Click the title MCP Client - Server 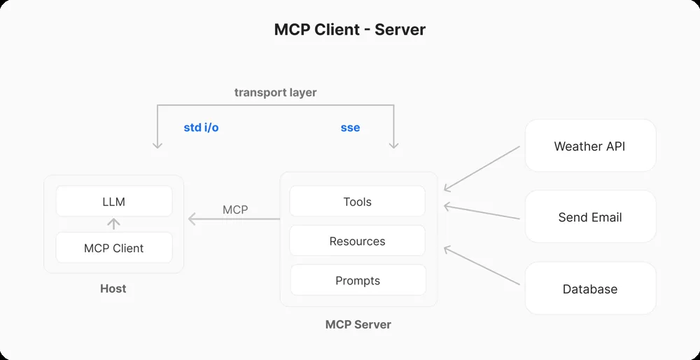point(349,29)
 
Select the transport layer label point(275,92)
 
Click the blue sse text point(350,127)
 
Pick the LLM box point(113,201)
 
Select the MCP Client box point(113,248)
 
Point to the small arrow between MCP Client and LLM point(113,224)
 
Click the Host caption point(113,289)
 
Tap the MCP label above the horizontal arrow point(235,209)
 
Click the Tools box point(357,201)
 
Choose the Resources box point(357,241)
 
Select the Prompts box point(357,280)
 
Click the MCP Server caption point(358,324)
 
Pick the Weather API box point(589,146)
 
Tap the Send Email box point(589,217)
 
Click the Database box point(589,289)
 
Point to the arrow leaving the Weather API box point(482,168)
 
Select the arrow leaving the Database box point(482,265)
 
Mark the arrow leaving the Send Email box point(482,212)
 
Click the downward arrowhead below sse point(394,144)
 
